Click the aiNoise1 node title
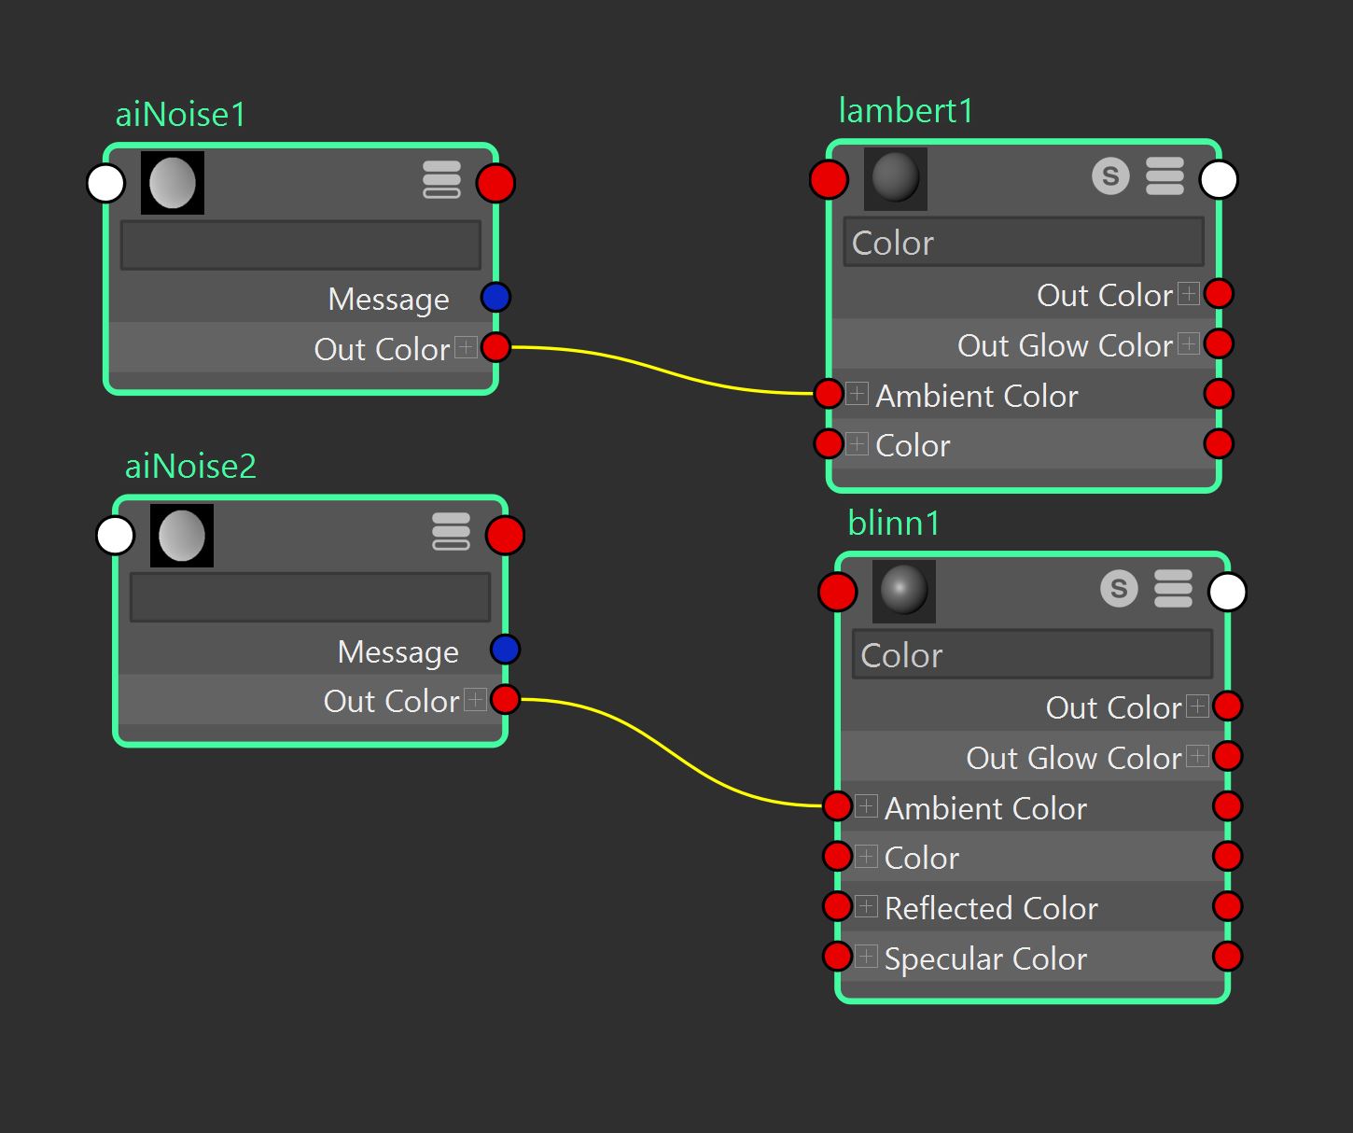181,115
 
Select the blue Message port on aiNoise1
495,298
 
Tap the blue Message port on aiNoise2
506,650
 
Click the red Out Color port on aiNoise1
496,347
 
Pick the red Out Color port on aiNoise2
506,699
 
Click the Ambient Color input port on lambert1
829,394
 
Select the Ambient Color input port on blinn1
837,805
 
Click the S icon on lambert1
1110,175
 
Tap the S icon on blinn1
1119,588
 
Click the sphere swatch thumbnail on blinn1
904,591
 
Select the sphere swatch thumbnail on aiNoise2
181,536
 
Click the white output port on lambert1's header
1219,179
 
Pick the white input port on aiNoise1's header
105,183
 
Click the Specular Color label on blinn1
985,958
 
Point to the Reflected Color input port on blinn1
837,906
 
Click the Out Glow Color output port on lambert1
1219,343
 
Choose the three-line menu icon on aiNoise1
442,179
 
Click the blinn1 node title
894,523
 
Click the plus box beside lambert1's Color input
858,444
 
